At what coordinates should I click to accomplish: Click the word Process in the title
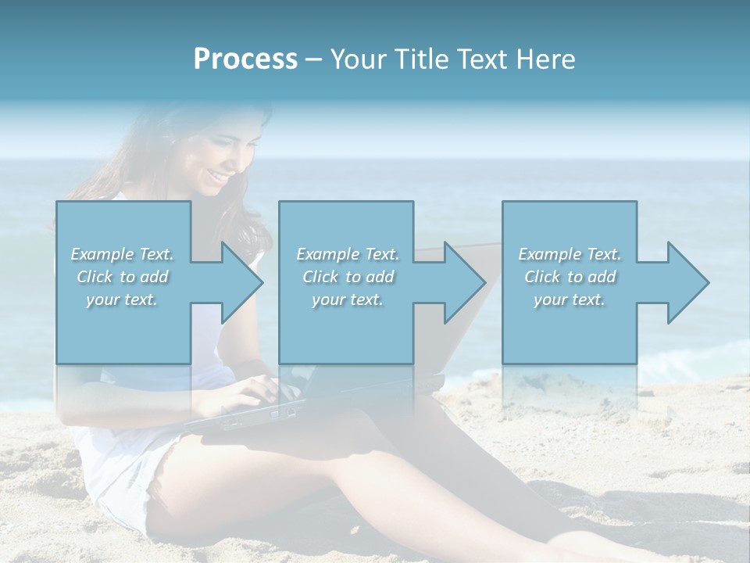coord(245,59)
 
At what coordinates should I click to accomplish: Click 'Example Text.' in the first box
coord(123,254)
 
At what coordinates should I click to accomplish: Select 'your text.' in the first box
coord(123,299)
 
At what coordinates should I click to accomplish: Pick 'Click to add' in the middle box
coord(348,277)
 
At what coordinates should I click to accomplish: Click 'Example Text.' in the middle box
coord(348,254)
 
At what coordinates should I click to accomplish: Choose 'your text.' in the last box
coord(570,299)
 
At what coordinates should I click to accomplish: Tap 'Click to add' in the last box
coord(570,277)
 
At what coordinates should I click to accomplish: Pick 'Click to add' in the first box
coord(123,277)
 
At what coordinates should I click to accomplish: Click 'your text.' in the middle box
coord(348,299)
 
